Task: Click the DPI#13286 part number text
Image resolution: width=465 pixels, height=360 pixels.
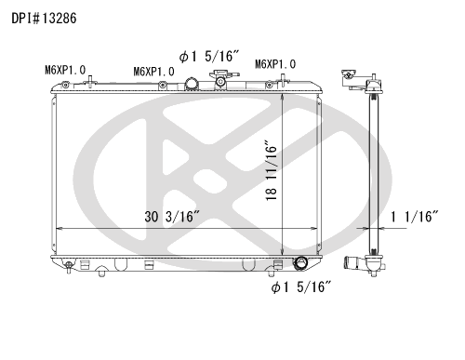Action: [x=44, y=19]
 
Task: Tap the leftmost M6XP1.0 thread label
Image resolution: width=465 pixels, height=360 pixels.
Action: [x=65, y=70]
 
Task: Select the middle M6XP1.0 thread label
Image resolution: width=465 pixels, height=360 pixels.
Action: [x=153, y=72]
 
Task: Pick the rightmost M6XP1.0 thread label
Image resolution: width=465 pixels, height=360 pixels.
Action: [x=275, y=64]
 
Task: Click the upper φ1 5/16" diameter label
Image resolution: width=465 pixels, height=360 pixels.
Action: [x=209, y=57]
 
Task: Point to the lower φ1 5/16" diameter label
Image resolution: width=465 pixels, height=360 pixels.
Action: [x=301, y=287]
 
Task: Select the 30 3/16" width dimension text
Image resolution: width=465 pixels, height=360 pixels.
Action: [x=172, y=217]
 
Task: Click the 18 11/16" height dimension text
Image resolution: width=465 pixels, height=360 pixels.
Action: [x=271, y=170]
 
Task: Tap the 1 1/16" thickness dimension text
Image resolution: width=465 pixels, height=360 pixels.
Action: [x=415, y=217]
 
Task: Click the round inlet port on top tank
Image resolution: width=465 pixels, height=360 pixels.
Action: [x=192, y=84]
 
